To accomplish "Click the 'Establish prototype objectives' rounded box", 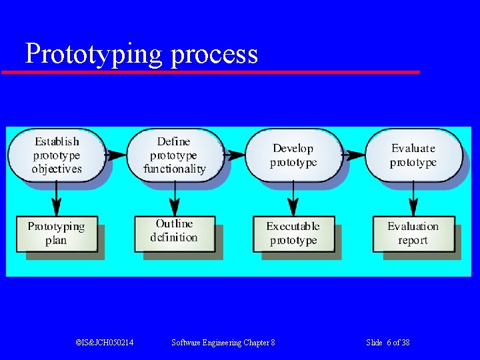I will [56, 155].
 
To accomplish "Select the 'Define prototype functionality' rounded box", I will [174, 155].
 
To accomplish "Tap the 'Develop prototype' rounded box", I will [293, 155].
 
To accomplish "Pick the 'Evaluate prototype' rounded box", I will [413, 155].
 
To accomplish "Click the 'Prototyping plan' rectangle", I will [56, 233].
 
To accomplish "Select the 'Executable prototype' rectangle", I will [293, 233].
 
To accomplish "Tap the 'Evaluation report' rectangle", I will [413, 233].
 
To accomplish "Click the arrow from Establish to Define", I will [115, 155].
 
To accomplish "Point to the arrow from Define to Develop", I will [234, 155].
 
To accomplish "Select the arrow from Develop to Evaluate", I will [353, 155].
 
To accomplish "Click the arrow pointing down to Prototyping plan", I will [57, 198].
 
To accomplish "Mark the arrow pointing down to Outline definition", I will [175, 198].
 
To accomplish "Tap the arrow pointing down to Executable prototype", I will [293, 198].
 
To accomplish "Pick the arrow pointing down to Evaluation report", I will [413, 198].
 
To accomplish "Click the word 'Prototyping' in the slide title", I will [93, 53].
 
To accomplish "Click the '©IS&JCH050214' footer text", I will [105, 343].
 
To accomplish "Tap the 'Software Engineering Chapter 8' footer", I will [223, 343].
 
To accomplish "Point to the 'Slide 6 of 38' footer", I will [388, 343].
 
